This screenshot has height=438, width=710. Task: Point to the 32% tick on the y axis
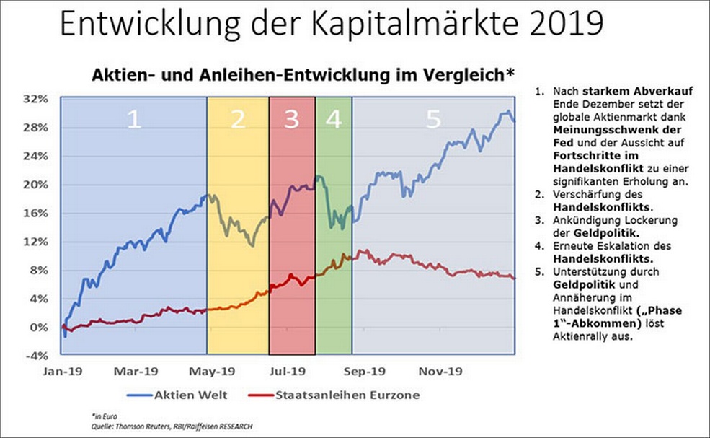[x=36, y=98]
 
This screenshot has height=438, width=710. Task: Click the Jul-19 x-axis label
[x=286, y=372]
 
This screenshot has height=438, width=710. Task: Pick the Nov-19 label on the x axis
[x=435, y=372]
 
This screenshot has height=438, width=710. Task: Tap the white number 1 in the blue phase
[x=133, y=120]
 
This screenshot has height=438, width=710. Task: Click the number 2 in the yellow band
[x=238, y=120]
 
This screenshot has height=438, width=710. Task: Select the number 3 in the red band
[x=291, y=120]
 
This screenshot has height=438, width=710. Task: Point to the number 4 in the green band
[x=333, y=120]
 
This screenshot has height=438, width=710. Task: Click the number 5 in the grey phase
[x=432, y=120]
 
